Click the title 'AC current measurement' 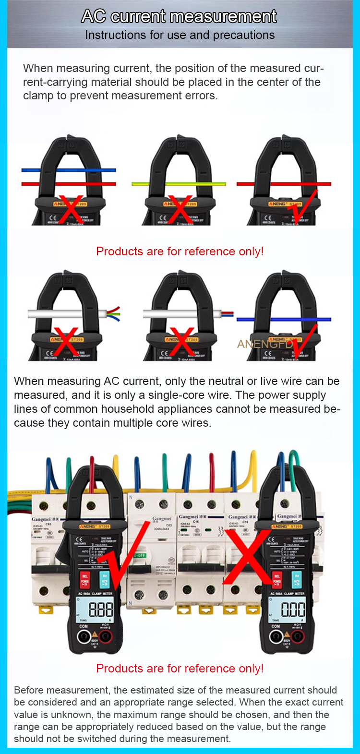pyautogui.click(x=179, y=16)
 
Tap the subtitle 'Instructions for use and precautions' pyautogui.click(x=180, y=35)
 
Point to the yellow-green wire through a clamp pyautogui.click(x=144, y=183)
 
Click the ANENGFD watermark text pyautogui.click(x=265, y=344)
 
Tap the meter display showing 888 pyautogui.click(x=101, y=610)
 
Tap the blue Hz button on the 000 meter pyautogui.click(x=297, y=579)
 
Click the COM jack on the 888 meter pyautogui.click(x=84, y=637)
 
